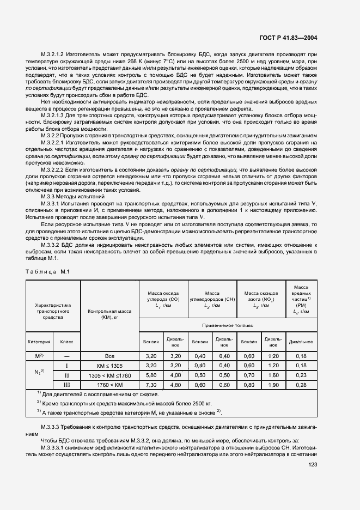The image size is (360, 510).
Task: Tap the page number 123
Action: [x=312, y=465]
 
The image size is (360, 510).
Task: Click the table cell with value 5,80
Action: [x=151, y=375]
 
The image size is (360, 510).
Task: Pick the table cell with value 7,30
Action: [x=151, y=385]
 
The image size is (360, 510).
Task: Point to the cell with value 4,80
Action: [x=175, y=385]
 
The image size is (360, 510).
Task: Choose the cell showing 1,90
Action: [x=273, y=385]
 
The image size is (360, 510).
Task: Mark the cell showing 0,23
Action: [x=300, y=375]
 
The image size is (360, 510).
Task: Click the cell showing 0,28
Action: [x=300, y=385]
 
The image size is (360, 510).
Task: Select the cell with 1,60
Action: [x=273, y=375]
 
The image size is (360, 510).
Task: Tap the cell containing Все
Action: [x=110, y=355]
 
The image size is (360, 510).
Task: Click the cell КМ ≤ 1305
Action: [x=110, y=365]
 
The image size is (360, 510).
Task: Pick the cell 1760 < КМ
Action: [x=110, y=385]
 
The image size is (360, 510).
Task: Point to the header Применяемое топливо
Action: [x=227, y=325]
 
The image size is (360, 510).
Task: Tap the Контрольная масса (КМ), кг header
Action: [x=110, y=314]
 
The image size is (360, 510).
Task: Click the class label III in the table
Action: [x=67, y=385]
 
